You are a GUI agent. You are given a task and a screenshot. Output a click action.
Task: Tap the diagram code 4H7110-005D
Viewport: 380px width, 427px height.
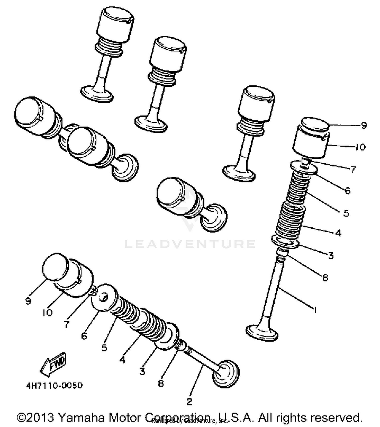[x=54, y=386]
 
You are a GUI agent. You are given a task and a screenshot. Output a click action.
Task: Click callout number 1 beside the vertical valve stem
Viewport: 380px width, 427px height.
[x=315, y=310]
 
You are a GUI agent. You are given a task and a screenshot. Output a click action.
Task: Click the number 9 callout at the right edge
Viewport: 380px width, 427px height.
[x=364, y=125]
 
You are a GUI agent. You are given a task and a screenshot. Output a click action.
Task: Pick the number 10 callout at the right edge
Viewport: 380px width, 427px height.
[x=360, y=147]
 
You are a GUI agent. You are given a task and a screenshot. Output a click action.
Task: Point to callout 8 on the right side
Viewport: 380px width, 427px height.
[x=325, y=278]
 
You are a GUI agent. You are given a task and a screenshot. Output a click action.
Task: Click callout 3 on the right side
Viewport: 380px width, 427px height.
[x=331, y=256]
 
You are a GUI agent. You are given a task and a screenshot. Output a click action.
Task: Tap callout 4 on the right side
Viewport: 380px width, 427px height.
[x=338, y=233]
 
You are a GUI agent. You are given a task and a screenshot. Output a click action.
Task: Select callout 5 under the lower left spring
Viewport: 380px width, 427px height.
[x=104, y=348]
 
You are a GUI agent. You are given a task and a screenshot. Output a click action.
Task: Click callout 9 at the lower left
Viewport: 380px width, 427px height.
[x=28, y=301]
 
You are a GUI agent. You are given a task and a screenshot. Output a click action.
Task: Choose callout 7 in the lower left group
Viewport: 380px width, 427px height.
[x=66, y=324]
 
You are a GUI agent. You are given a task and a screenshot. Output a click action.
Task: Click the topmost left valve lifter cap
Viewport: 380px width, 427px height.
[x=115, y=25]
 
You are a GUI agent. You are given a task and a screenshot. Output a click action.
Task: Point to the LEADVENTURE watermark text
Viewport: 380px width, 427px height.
[x=190, y=244]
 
